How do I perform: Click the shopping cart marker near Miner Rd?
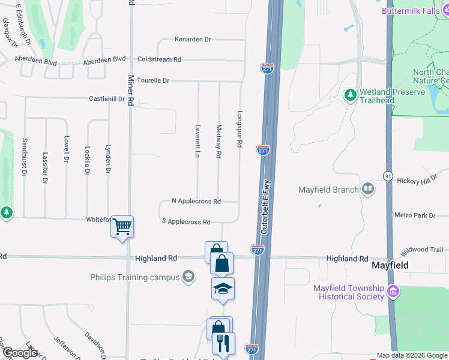(122, 227)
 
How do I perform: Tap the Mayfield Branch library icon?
(367, 190)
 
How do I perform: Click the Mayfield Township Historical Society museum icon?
(393, 292)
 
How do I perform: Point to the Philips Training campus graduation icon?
(188, 277)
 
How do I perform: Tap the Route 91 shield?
(388, 175)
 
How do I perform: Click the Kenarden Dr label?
(193, 40)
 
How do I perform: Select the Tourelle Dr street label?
(153, 80)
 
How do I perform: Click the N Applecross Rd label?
(196, 201)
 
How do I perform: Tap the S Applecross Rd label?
(186, 222)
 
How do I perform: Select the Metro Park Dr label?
(414, 215)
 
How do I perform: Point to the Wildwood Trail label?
(423, 249)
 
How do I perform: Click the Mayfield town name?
(390, 265)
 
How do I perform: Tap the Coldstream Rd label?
(159, 59)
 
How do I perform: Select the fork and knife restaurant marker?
(223, 343)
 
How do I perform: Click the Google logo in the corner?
(19, 353)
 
